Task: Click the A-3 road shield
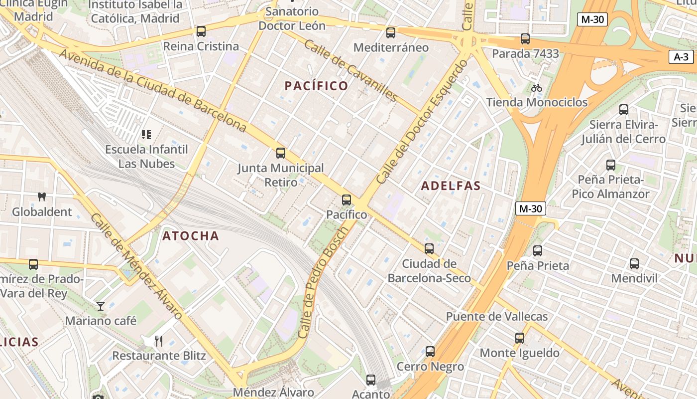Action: pos(681,57)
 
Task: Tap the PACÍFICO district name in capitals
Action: pos(316,86)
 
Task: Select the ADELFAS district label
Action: pos(451,186)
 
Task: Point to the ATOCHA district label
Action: pos(191,236)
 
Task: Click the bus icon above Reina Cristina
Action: pos(201,31)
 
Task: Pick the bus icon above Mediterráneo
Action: pos(391,33)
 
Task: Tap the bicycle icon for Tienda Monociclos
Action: pos(536,88)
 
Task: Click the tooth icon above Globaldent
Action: pos(42,197)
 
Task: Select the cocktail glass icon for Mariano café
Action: pos(101,306)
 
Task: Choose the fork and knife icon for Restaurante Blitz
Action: pos(159,341)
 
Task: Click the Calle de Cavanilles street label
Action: pos(350,71)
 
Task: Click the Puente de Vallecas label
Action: pos(496,316)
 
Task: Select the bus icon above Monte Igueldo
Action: pos(520,338)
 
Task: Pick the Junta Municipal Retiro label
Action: pos(281,175)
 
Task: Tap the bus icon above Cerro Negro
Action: pos(430,352)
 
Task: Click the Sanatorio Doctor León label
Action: pos(292,18)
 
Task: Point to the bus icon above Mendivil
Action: pos(634,264)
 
